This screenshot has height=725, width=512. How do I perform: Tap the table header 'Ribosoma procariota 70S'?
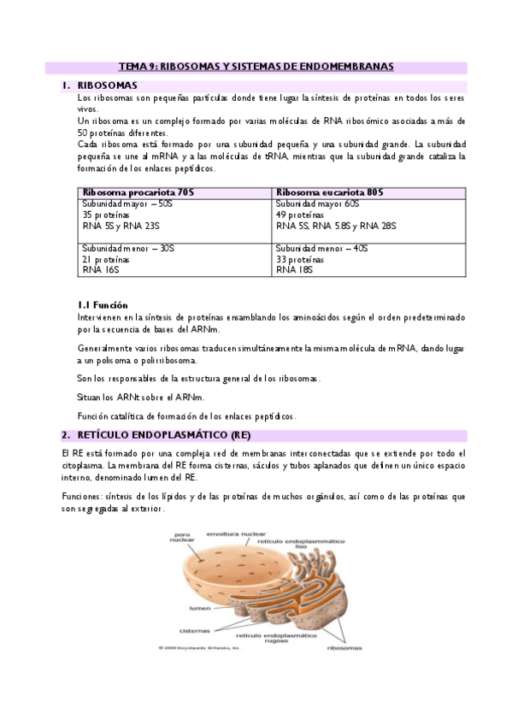pos(137,193)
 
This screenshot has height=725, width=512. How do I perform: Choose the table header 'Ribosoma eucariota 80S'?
pos(329,193)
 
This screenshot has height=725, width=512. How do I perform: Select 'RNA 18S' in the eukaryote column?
pos(295,270)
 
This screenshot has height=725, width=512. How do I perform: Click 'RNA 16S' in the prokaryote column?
pos(101,270)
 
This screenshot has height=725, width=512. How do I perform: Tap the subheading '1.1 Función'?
pos(103,304)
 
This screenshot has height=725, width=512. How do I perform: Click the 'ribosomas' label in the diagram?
pos(344,647)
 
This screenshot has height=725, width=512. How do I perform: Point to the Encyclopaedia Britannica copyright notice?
pos(195,647)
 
